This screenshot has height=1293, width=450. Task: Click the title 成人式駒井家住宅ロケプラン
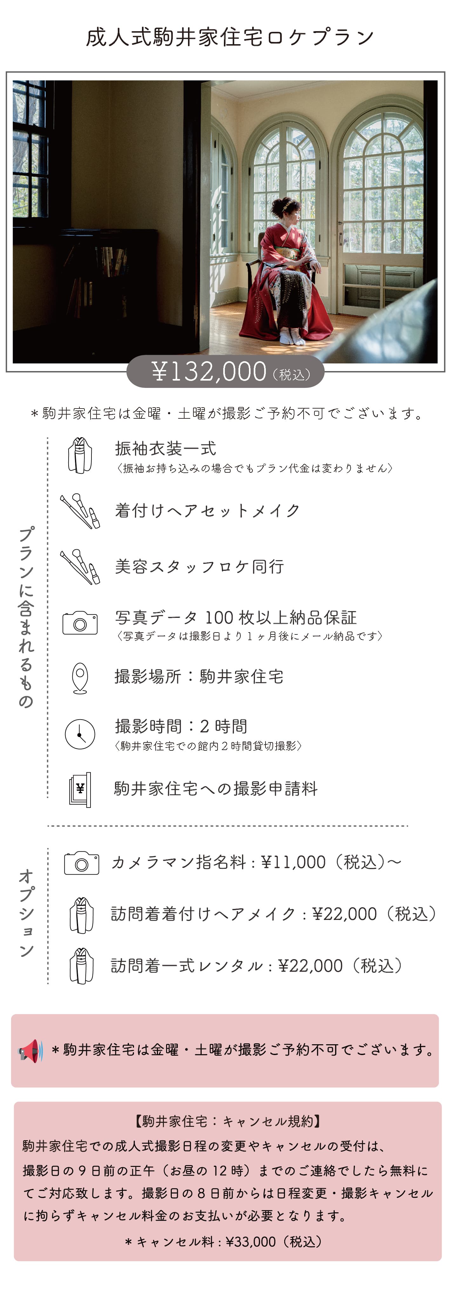tap(230, 37)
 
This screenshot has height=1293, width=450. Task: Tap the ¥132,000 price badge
tap(225, 371)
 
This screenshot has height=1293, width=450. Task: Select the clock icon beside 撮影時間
tap(80, 734)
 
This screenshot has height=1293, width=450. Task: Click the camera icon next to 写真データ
tap(80, 623)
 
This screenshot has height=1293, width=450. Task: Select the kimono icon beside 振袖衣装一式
tap(80, 455)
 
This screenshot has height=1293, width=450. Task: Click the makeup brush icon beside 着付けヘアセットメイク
tap(80, 511)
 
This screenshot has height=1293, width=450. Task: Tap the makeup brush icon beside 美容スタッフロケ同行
tap(80, 567)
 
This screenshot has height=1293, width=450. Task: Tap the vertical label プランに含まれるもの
tap(26, 617)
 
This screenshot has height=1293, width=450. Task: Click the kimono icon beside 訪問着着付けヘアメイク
tap(82, 915)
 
